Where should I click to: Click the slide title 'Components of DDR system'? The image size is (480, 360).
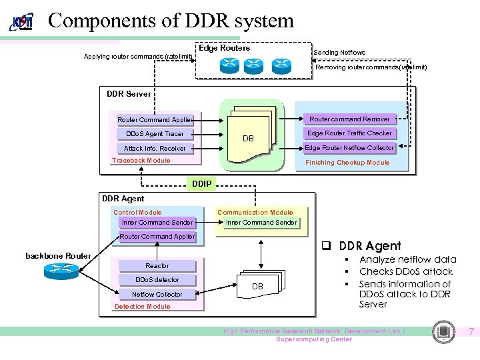click(x=171, y=20)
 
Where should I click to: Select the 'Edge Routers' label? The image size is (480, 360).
click(x=224, y=48)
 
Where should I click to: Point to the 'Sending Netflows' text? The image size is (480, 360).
click(x=339, y=53)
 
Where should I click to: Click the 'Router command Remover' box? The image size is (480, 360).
click(x=349, y=119)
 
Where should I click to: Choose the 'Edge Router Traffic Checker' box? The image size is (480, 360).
click(x=349, y=133)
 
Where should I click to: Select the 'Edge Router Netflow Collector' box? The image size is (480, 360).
click(x=349, y=147)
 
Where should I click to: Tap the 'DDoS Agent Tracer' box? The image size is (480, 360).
click(x=155, y=134)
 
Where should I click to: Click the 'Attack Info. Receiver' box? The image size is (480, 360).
click(x=155, y=148)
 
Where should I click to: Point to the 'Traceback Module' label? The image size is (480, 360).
click(x=141, y=161)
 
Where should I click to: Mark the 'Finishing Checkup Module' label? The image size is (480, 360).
click(x=347, y=163)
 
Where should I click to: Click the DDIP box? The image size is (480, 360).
click(x=202, y=183)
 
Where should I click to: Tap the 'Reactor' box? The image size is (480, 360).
click(x=157, y=265)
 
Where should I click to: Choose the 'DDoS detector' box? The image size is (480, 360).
click(x=157, y=279)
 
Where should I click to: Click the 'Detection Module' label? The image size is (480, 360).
click(x=142, y=307)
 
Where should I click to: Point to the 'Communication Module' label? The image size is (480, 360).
click(x=255, y=213)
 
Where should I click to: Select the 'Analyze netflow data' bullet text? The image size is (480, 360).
click(x=407, y=259)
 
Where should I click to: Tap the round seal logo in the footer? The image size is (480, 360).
click(x=443, y=332)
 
